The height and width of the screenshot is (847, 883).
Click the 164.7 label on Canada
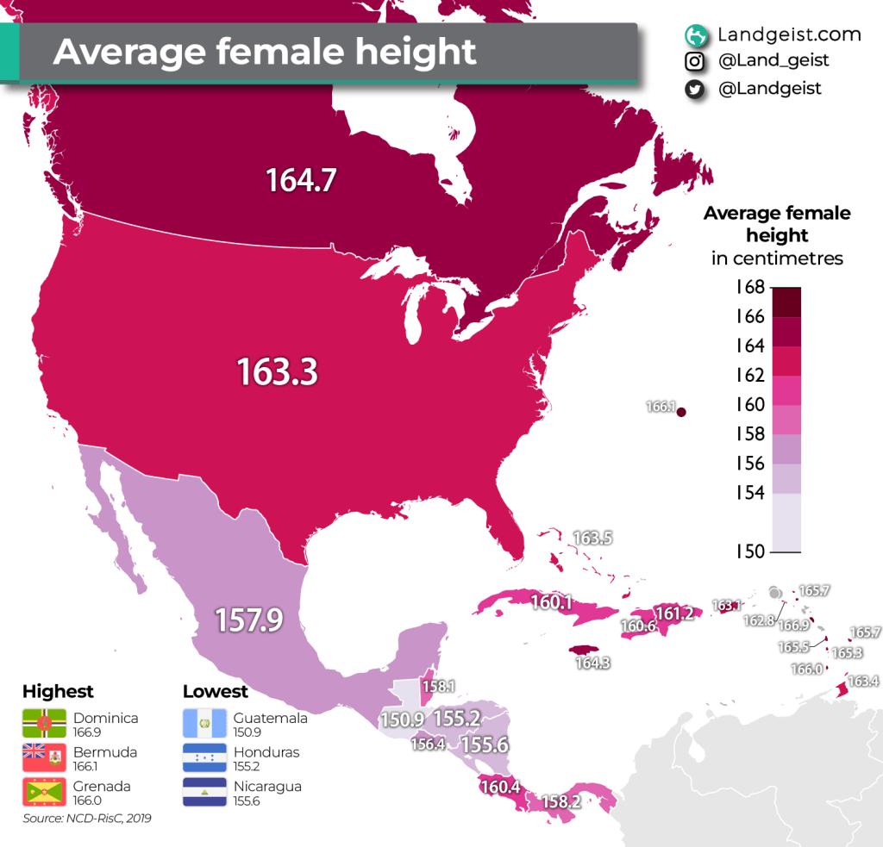coord(300,181)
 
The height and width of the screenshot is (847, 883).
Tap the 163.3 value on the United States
coord(278,372)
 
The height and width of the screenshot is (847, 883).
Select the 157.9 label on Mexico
coord(250,620)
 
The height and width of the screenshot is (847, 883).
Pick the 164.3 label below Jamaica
coord(592,663)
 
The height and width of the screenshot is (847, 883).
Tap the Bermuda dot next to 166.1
coord(680,413)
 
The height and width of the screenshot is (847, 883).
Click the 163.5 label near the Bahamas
coord(592,539)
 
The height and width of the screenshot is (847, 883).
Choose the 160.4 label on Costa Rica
coord(501,787)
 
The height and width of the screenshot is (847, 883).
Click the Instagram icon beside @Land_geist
coord(693,62)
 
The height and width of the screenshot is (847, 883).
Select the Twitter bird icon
coord(693,89)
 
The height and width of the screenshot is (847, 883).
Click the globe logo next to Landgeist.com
coord(694,35)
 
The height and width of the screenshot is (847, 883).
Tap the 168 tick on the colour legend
coord(749,287)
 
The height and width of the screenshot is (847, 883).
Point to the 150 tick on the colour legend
coord(749,551)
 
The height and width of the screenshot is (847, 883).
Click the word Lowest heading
coord(215,691)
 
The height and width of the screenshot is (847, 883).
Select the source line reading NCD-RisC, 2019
coord(87,819)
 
